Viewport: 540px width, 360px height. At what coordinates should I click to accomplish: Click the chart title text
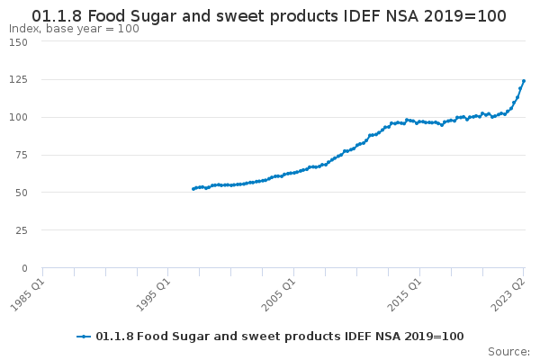point(269,16)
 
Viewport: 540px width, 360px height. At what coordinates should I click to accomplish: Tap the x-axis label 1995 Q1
point(152,293)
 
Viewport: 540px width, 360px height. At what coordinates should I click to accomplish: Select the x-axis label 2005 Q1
point(278,293)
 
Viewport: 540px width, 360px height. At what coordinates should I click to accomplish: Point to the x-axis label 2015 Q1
point(404,293)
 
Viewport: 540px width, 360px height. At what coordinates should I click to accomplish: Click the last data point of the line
point(524,81)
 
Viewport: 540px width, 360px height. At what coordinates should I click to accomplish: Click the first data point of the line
point(193,189)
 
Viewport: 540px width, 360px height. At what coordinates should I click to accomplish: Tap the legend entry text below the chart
point(279,337)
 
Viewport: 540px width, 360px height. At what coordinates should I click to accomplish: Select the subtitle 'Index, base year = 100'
point(74,29)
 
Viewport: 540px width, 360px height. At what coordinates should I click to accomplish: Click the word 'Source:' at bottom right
point(508,351)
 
